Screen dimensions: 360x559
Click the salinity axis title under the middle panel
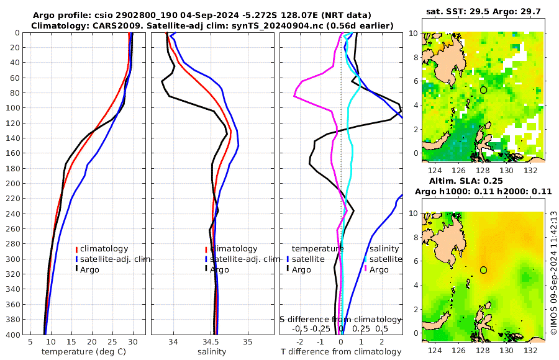[212, 352]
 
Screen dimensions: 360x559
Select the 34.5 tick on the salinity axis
[211, 341]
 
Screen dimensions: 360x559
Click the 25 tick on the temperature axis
[112, 341]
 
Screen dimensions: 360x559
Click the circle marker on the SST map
[483, 90]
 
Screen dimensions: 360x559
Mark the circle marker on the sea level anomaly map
[483, 270]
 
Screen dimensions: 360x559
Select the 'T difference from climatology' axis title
[341, 352]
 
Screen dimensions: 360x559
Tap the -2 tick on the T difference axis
[300, 341]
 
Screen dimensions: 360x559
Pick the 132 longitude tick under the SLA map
[532, 349]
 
